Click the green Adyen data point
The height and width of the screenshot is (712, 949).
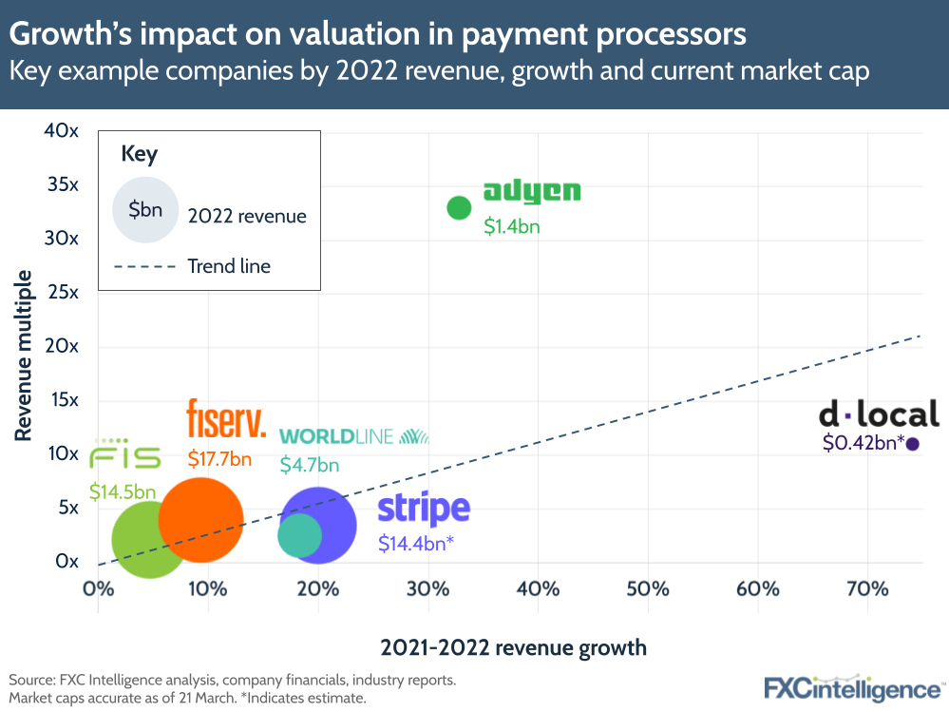coord(460,207)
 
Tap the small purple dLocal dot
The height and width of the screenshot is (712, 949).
coord(912,444)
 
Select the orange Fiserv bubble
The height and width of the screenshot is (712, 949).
coord(200,519)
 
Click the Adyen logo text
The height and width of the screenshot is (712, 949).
coord(531,192)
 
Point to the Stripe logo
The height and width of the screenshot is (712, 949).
coord(424,510)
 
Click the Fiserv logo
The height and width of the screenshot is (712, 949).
coord(226,420)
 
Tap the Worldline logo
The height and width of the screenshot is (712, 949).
coord(353,436)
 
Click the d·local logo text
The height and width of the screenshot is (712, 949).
coord(879,414)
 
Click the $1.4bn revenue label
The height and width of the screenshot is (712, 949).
coord(512,226)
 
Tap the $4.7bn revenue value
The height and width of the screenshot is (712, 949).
coord(310,465)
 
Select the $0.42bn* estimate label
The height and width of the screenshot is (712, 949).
coord(863,443)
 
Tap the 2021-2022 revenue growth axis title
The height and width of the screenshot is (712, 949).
coord(513,648)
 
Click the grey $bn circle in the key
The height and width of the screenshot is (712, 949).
coord(145,210)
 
